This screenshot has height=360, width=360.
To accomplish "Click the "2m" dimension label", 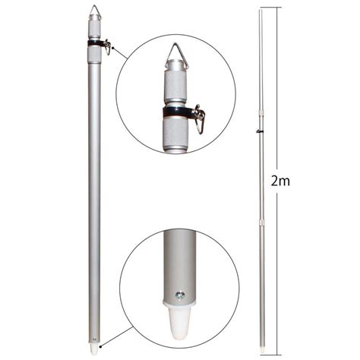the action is click(x=280, y=182).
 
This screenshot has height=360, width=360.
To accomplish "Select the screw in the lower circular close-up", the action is click(x=180, y=295).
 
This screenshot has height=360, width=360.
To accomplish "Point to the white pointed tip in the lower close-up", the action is click(x=179, y=322).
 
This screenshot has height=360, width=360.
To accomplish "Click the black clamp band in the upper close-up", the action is click(x=176, y=112).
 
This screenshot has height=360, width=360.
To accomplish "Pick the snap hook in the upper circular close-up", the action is click(x=199, y=119).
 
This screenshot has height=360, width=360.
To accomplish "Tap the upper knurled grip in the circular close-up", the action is click(x=175, y=85).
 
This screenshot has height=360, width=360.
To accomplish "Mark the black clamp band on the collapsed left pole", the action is click(x=96, y=43).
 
